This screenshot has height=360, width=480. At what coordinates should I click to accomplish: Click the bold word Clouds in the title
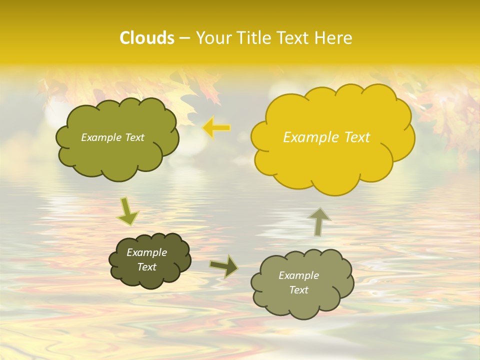tap(147, 38)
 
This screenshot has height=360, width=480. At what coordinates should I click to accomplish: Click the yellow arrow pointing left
tap(216, 128)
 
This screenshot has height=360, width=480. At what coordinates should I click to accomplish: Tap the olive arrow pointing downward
tap(127, 211)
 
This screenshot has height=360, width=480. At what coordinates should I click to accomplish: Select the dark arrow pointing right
tap(223, 266)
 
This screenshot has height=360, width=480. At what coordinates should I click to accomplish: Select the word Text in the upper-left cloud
tap(134, 137)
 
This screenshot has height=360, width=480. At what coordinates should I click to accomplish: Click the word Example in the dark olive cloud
tap(146, 252)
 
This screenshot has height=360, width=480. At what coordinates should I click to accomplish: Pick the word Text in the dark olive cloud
tap(146, 267)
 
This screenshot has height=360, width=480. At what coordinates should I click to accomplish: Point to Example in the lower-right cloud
tap(298, 275)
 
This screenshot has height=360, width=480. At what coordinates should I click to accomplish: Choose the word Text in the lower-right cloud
tap(298, 290)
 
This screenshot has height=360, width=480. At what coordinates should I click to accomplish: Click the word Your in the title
tap(210, 38)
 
